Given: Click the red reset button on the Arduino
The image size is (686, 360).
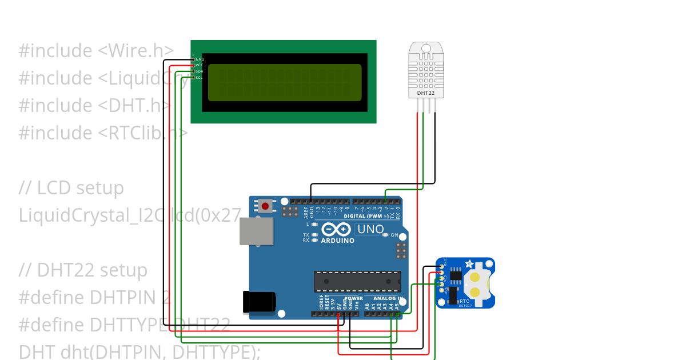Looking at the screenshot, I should tap(266, 206).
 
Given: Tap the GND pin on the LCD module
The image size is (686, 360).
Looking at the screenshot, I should tap(194, 59).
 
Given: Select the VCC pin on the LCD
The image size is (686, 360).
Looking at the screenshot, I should tap(194, 65).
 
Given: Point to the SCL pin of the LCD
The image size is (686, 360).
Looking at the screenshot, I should tap(194, 77).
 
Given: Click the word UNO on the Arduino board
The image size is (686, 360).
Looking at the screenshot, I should tap(370, 230).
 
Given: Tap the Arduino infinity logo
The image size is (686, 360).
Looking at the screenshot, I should tap(336, 230).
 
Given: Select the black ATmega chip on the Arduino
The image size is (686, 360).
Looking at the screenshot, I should tap(357, 281).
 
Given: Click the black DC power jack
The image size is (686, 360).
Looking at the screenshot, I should tap(258, 301).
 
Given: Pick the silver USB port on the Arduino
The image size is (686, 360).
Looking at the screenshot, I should tap(256, 231).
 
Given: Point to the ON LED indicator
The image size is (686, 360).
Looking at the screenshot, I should tap(385, 235).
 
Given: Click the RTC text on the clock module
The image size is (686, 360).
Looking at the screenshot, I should tap(464, 301).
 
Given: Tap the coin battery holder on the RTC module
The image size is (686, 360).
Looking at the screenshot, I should tap(476, 282).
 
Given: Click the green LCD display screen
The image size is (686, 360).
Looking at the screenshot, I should tap(285, 82).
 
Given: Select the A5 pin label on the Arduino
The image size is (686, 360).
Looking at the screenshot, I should tap(397, 306).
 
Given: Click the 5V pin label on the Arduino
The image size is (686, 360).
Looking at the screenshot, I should tap(339, 306).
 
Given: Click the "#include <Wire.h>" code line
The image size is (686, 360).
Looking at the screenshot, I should tap(96, 51).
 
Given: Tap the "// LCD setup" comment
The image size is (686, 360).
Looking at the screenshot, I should tap(71, 188).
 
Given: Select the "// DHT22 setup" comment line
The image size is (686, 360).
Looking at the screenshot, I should tap(83, 270).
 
